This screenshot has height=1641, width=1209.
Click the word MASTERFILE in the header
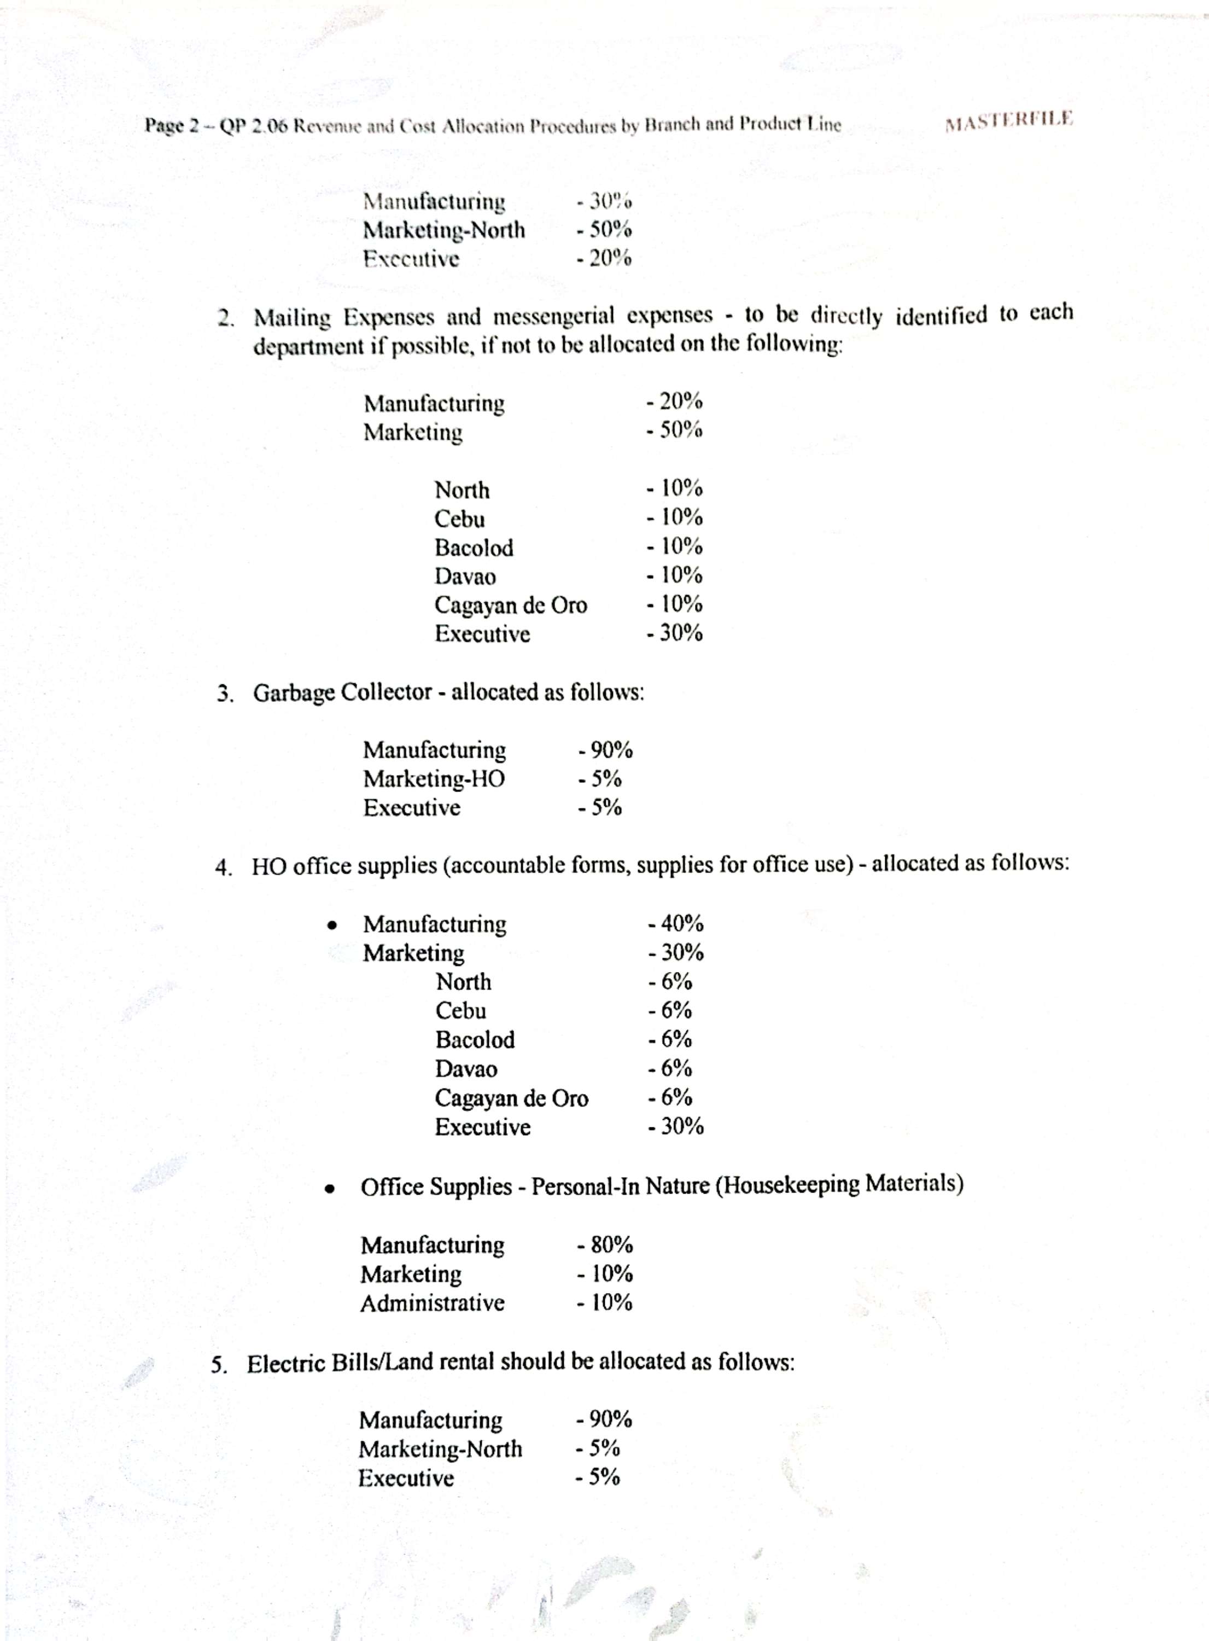click(1008, 120)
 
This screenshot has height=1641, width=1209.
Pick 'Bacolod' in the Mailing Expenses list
click(474, 548)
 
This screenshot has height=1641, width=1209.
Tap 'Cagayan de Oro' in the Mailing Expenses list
click(510, 606)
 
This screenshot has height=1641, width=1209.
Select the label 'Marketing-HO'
click(434, 779)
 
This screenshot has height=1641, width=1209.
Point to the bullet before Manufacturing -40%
click(332, 925)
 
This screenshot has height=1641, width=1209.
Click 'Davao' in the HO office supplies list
click(466, 1069)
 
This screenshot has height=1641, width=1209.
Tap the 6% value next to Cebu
click(670, 1011)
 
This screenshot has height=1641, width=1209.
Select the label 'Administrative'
click(432, 1303)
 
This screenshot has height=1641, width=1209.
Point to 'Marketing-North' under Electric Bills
click(440, 1449)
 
